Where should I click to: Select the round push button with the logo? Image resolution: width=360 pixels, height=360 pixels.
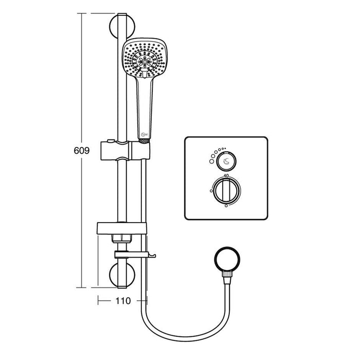[226, 163]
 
